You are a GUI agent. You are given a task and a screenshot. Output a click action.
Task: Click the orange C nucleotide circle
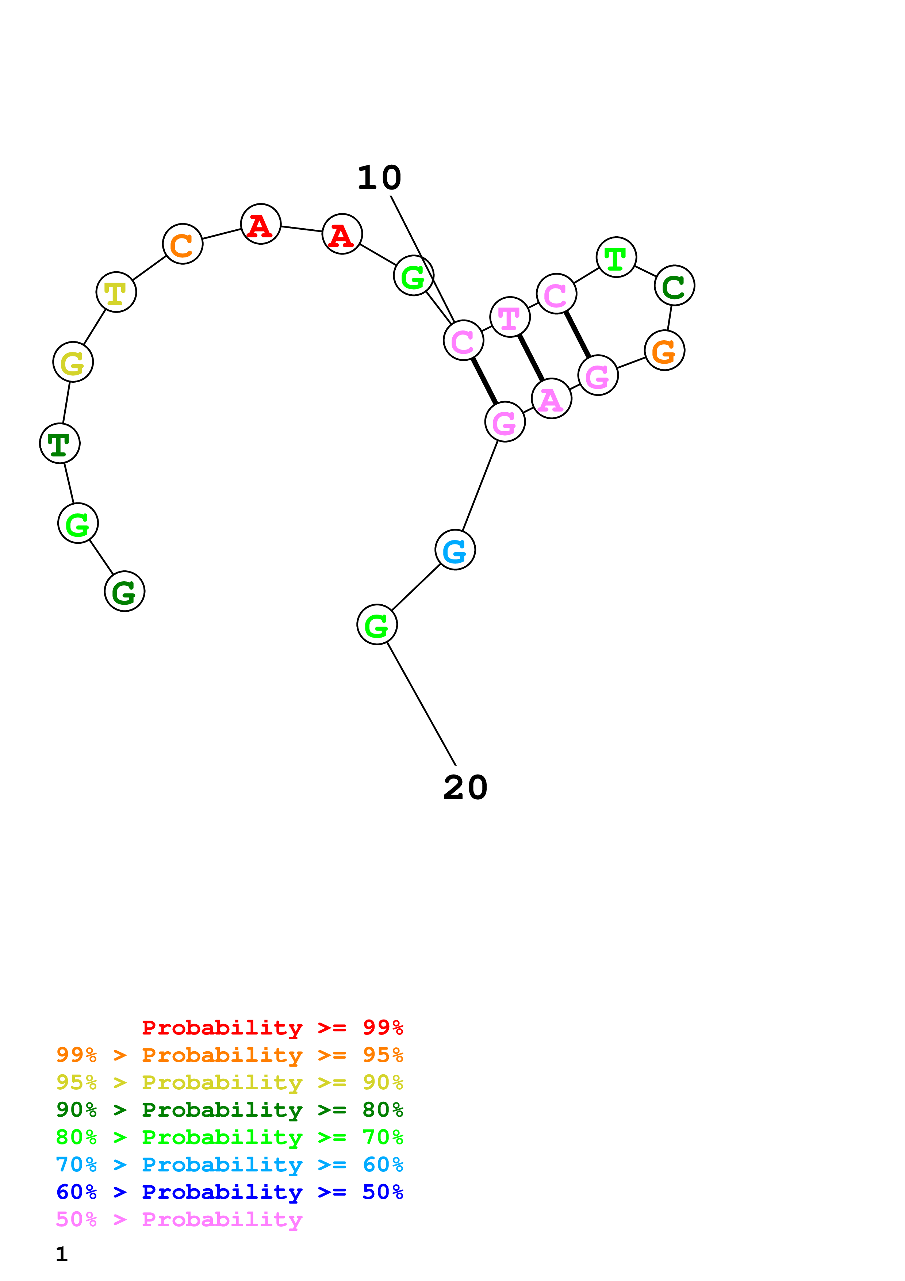(x=182, y=244)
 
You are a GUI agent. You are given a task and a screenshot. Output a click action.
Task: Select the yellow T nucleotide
(x=116, y=292)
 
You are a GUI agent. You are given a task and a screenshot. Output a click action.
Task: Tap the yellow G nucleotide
(x=73, y=362)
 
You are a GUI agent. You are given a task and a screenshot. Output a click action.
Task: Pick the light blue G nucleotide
(x=455, y=550)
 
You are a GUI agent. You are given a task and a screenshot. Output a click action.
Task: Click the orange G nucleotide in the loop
(x=664, y=351)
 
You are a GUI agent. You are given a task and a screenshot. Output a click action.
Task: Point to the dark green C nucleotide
(x=674, y=286)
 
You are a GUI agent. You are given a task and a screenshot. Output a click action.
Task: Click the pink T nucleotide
(x=510, y=317)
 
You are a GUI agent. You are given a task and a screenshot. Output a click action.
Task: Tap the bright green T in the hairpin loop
(x=616, y=257)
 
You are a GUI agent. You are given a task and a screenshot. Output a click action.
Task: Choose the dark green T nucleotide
(x=60, y=444)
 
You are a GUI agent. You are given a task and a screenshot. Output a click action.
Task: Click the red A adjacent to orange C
(x=260, y=224)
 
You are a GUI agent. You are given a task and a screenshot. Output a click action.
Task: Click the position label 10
(x=379, y=178)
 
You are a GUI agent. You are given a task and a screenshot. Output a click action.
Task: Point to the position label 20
(x=465, y=788)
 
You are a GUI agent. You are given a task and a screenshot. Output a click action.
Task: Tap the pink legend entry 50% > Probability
(x=179, y=1220)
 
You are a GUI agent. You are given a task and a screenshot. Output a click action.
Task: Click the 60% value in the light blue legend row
(x=383, y=1165)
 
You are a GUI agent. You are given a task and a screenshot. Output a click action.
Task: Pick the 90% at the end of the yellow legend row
(x=383, y=1082)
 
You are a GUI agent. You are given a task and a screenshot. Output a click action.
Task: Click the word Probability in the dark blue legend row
(x=222, y=1192)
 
